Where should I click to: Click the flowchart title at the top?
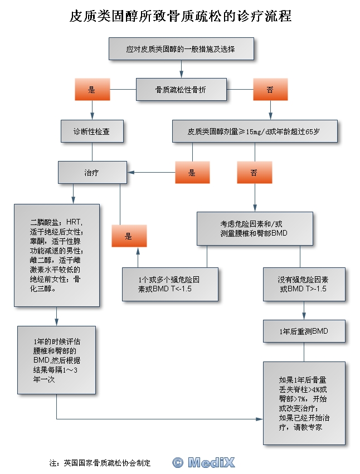pos(181,16)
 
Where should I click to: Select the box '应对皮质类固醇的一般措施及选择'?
pos(181,48)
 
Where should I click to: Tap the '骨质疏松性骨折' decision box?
pos(181,90)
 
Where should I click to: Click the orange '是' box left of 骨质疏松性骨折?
pos(93,90)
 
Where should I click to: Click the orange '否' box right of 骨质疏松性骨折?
pos(270,90)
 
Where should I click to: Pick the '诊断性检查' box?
pos(92,131)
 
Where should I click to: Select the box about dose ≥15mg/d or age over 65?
pos(255,131)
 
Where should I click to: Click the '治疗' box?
pos(93,172)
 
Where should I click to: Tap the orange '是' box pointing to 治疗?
pos(192,172)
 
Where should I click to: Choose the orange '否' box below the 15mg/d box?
pos(255,172)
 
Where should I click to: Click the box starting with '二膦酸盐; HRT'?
pos(57,256)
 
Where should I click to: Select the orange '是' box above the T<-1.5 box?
pos(129,236)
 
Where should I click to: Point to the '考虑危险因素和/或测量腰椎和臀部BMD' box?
pos(255,228)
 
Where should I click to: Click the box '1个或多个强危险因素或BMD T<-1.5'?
pos(170,284)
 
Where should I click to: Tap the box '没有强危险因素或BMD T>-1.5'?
pos(304,284)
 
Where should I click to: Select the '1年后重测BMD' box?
pos(304,331)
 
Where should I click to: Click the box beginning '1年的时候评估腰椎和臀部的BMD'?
pos(57,360)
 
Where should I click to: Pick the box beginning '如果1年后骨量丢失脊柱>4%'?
pos(304,403)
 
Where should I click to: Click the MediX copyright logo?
pos(203,462)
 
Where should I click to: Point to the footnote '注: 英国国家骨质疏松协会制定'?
pos(100,463)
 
